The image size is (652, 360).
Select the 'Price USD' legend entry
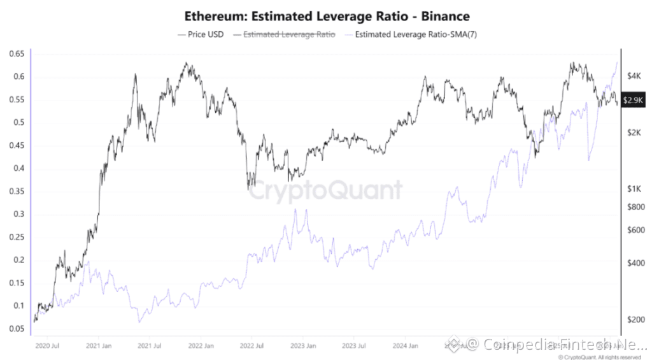pyautogui.click(x=202, y=34)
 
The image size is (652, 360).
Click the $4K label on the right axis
pyautogui.click(x=634, y=76)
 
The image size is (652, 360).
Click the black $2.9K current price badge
pyautogui.click(x=634, y=100)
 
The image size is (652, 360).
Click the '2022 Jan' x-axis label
pyautogui.click(x=200, y=347)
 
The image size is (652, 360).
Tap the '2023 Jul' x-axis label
pyautogui.click(x=355, y=347)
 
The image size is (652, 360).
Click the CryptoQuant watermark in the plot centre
pyautogui.click(x=325, y=190)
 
